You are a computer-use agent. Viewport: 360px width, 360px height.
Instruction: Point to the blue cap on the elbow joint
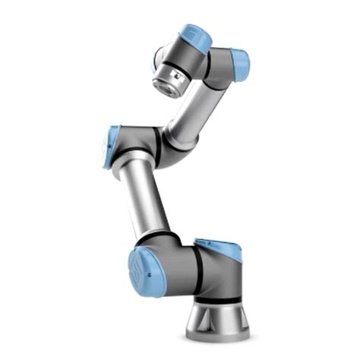pyautogui.click(x=112, y=147)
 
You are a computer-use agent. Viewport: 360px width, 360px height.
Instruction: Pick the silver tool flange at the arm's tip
pyautogui.click(x=169, y=79)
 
